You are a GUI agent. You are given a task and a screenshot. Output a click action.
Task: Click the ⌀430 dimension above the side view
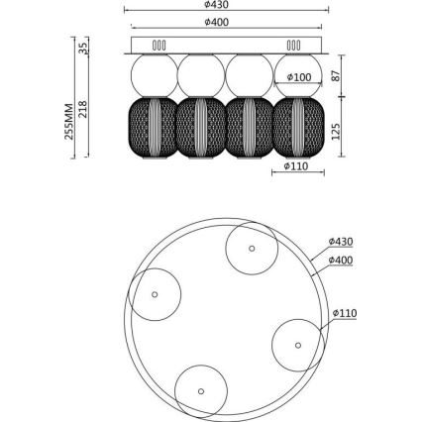[x=216, y=4]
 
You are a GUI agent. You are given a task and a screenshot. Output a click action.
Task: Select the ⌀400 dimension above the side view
[x=216, y=22]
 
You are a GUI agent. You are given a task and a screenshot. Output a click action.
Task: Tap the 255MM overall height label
[x=69, y=122]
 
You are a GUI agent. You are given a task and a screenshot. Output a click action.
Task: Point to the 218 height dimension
[x=82, y=109]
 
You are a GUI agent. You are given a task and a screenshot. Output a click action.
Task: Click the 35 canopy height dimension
[x=83, y=49]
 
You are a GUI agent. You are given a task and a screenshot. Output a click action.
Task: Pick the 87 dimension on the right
[x=336, y=76]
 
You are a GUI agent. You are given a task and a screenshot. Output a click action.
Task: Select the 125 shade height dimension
[x=336, y=132]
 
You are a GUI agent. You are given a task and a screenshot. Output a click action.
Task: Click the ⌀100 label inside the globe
[x=299, y=77]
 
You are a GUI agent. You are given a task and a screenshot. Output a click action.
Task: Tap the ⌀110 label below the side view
[x=296, y=166]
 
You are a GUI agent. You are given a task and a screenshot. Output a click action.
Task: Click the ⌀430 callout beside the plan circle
[x=341, y=242]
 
